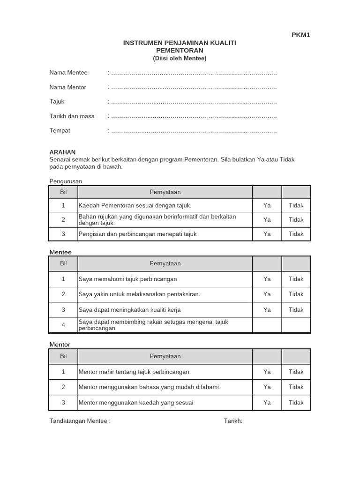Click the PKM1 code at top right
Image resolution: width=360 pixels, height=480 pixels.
[x=300, y=35]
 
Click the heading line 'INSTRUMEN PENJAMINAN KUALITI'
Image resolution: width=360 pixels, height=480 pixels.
[x=180, y=43]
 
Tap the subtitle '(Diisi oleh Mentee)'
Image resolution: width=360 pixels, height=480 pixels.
[x=180, y=58]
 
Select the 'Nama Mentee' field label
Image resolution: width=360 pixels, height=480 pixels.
[x=68, y=73]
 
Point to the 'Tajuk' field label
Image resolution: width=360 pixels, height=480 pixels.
[x=57, y=102]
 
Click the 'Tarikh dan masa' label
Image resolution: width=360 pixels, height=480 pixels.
[x=72, y=116]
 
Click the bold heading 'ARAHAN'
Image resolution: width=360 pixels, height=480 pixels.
[x=62, y=152]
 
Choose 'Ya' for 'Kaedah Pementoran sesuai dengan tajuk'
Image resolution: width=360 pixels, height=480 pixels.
[x=267, y=205]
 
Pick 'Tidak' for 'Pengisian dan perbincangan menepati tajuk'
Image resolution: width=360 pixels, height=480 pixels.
[x=296, y=234]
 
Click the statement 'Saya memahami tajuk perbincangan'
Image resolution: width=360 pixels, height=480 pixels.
[x=128, y=279]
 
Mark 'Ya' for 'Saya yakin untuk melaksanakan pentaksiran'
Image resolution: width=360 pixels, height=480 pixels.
[x=267, y=294]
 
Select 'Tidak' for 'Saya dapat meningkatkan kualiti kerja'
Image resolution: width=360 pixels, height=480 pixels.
[x=296, y=310]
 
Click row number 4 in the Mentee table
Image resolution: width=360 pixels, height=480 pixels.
[x=63, y=325]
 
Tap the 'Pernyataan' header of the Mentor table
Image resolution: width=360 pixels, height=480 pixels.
[x=165, y=356]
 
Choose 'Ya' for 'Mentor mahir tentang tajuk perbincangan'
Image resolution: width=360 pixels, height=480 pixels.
[x=267, y=372]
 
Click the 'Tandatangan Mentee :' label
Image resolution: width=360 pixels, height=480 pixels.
[x=80, y=421]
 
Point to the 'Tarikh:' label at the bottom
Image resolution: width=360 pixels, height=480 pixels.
[x=233, y=421]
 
